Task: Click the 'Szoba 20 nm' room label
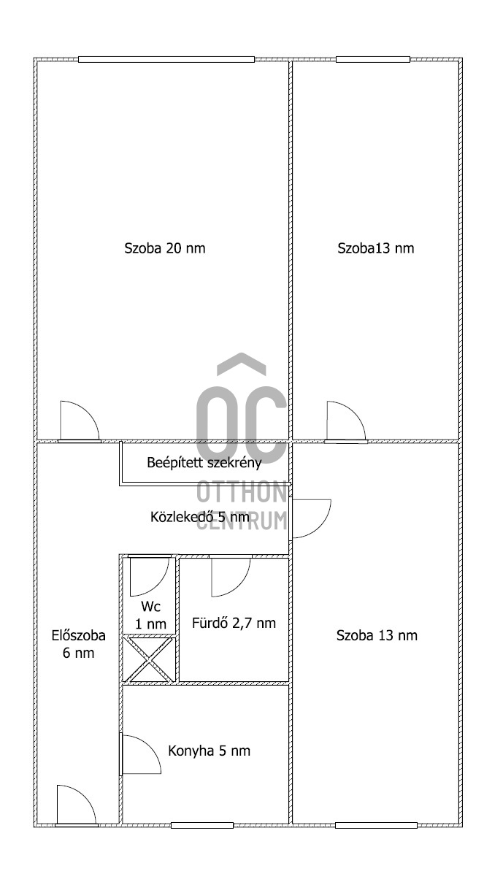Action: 164,248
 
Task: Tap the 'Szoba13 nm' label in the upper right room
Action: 376,248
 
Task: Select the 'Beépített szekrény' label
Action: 204,463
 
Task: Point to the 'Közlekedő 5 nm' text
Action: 200,517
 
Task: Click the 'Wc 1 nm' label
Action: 150,615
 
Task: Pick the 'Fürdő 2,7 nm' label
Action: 234,623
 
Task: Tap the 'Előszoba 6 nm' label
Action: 78,644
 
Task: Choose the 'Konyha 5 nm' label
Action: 209,751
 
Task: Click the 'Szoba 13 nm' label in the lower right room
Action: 377,635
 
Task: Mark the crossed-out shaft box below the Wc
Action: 148,659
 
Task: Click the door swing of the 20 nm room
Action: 79,421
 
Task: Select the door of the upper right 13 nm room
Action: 346,421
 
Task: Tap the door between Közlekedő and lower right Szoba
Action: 310,518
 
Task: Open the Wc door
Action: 150,575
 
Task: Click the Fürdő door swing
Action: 231,575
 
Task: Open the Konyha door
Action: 141,754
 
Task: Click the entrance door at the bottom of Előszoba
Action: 77,805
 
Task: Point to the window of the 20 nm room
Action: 166,59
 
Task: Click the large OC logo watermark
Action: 242,407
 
